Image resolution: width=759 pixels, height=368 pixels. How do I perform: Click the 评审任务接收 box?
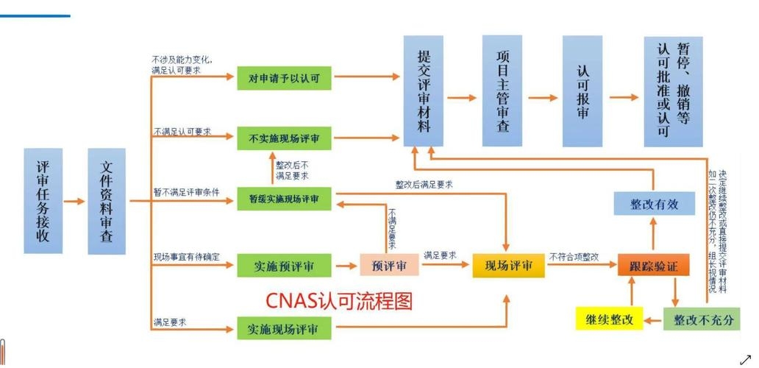(43, 201)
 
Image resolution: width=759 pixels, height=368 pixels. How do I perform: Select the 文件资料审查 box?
(107, 201)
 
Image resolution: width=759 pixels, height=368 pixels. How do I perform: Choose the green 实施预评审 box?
(284, 265)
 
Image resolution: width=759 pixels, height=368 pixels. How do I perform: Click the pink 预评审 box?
(389, 265)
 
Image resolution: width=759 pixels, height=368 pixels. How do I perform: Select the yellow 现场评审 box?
(508, 266)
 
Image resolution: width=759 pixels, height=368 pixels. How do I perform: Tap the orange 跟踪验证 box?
(653, 266)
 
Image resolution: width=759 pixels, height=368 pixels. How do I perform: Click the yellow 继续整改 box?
(609, 319)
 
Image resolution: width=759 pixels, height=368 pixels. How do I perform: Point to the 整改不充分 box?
(702, 319)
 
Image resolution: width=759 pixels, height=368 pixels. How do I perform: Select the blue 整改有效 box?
(654, 204)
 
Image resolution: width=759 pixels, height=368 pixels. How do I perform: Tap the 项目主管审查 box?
(502, 91)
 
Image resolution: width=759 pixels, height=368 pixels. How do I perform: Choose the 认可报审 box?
(582, 91)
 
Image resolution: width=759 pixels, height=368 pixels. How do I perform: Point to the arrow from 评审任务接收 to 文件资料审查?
(75, 201)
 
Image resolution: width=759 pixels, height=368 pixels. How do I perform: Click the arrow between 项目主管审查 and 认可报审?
(543, 97)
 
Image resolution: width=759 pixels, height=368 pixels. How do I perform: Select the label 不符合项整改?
(574, 256)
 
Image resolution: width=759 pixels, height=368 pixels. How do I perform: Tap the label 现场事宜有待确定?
(186, 256)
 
